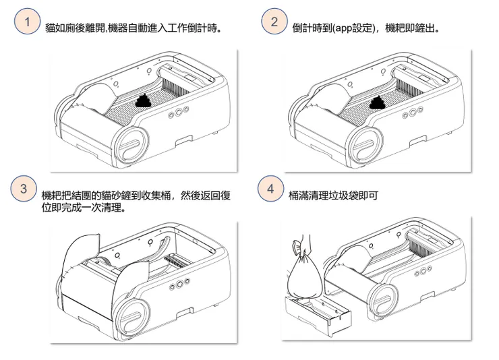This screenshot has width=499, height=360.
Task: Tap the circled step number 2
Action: tap(274, 22)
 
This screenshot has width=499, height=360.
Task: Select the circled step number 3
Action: tap(23, 189)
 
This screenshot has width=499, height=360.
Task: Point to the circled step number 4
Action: tap(270, 189)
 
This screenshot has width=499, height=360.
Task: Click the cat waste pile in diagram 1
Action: tap(144, 102)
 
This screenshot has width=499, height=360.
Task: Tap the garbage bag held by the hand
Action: tap(305, 274)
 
